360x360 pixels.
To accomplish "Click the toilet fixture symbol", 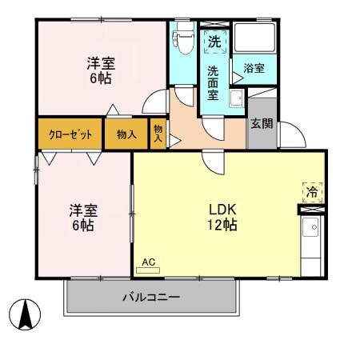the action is (x=183, y=38).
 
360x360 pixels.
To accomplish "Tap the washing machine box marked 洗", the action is (x=214, y=42).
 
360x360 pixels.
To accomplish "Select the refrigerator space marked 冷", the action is (x=312, y=192).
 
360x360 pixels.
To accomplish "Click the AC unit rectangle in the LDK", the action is (x=148, y=270).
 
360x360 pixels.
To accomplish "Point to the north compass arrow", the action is (x=26, y=314).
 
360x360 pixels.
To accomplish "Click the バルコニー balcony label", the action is (x=151, y=297).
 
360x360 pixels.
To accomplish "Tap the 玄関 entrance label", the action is (x=262, y=123).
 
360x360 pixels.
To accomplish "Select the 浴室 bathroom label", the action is (x=254, y=68).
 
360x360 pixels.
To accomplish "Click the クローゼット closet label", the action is (x=70, y=134).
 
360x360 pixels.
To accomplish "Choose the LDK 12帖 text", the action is (x=222, y=218).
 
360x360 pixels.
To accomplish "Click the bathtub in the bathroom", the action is (x=254, y=38).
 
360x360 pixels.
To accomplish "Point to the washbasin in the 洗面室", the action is (x=236, y=98).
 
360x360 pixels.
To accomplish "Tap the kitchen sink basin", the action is (x=310, y=226).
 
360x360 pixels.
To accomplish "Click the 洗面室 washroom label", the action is (x=213, y=83).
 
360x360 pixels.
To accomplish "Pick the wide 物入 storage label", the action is (x=126, y=134).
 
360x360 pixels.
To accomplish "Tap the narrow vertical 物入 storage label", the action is (x=158, y=134).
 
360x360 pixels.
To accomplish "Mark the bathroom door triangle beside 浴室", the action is (x=237, y=78).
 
